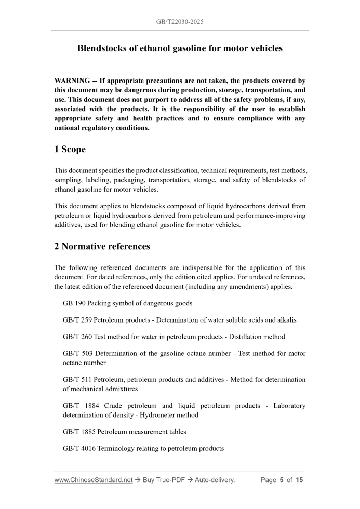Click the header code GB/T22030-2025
[x=180, y=22]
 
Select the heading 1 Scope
[x=70, y=150]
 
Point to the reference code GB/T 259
[x=77, y=319]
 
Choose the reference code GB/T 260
[x=77, y=336]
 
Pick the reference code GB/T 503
[x=77, y=353]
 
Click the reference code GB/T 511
[x=77, y=379]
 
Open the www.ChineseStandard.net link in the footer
[x=94, y=480]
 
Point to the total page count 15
[x=299, y=480]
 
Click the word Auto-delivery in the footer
[x=215, y=480]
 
